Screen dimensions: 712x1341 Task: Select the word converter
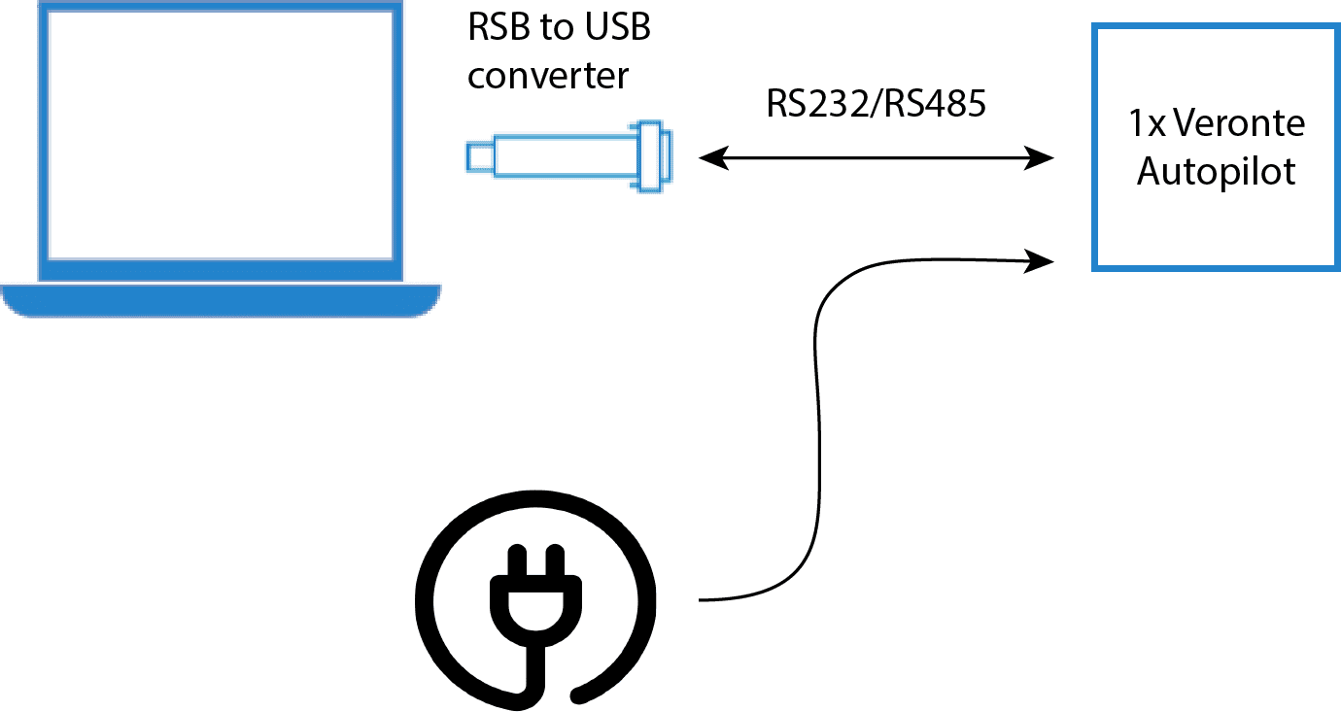[x=548, y=75]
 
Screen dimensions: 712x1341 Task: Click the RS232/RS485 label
[x=876, y=103]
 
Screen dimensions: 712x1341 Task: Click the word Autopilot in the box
[x=1217, y=171]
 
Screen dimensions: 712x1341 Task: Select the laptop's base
[x=221, y=300]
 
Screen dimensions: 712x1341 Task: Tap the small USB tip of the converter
[x=478, y=155]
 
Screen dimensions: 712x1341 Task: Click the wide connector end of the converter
[x=654, y=155]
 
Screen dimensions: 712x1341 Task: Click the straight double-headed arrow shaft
[x=875, y=157]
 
